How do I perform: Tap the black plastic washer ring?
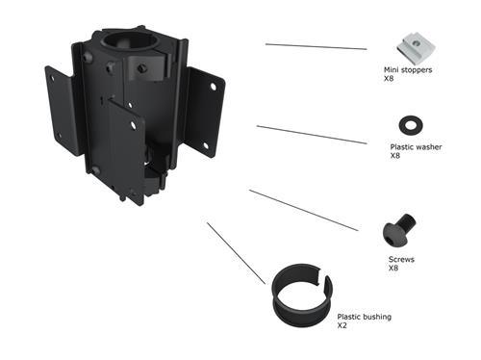(x=408, y=123)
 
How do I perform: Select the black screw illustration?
(x=399, y=228)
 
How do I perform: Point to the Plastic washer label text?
(x=416, y=147)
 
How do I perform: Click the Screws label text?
(x=399, y=259)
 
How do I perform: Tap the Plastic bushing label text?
(x=364, y=317)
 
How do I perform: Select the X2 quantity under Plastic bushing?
(x=342, y=325)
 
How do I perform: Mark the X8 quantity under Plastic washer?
(x=395, y=155)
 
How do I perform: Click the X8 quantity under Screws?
(x=392, y=268)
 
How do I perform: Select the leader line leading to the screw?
(x=304, y=210)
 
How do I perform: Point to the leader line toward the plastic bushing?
(x=236, y=252)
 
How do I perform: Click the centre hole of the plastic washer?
(x=408, y=123)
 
